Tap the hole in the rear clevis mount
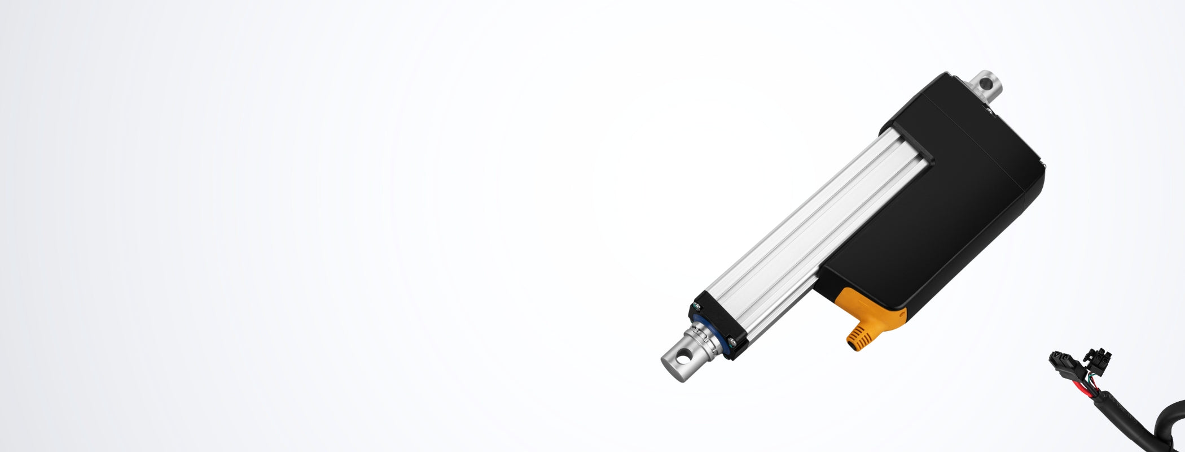[987, 84]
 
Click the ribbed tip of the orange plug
[853, 339]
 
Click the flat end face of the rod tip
[666, 364]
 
